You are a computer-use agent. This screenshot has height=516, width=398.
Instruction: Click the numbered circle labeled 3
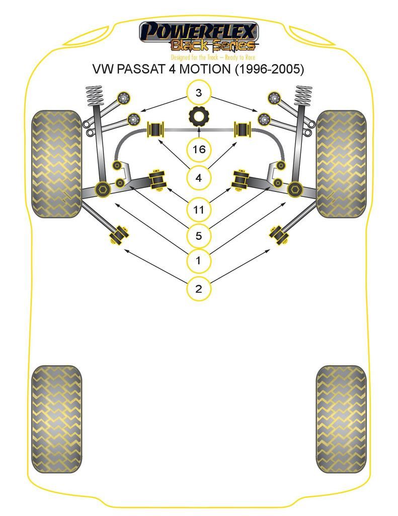(199, 93)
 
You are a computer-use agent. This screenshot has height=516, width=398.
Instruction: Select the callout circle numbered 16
(199, 149)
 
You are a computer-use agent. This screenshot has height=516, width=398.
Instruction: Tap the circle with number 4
(199, 177)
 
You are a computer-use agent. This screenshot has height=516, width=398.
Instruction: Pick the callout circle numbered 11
(199, 209)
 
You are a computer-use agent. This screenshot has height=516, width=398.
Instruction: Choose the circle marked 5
(199, 235)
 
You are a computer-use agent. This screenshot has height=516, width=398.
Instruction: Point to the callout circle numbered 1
(199, 261)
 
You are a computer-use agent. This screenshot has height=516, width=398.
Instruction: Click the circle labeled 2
(199, 289)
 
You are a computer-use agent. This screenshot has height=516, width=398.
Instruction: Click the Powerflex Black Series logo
(199, 36)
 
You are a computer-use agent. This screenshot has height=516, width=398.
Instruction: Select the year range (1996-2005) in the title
(270, 69)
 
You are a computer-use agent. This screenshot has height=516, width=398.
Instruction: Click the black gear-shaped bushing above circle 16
(199, 117)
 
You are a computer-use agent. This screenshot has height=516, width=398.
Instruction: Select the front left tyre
(56, 164)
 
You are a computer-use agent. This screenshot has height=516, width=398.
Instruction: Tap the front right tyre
(341, 164)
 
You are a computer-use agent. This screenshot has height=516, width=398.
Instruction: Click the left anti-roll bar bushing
(154, 130)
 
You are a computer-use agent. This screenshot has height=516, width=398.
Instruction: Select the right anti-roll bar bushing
(243, 130)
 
